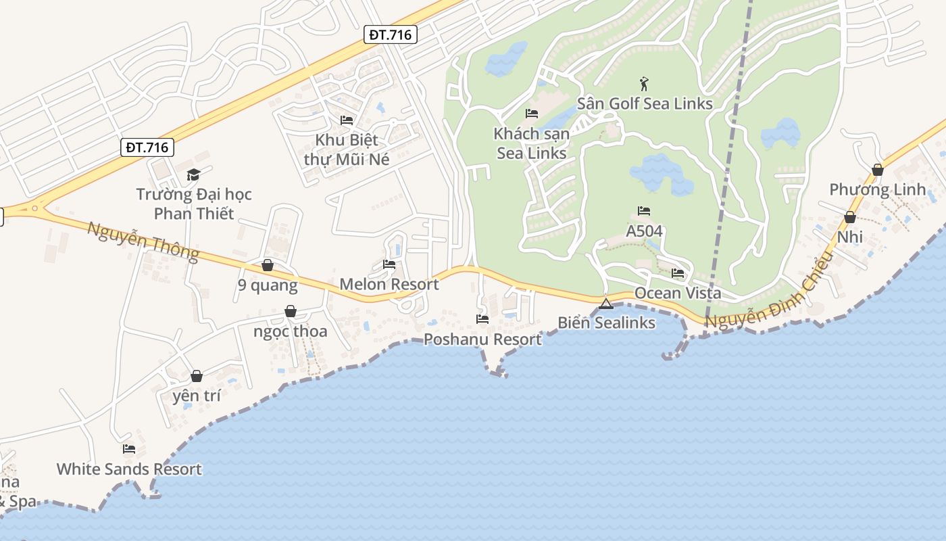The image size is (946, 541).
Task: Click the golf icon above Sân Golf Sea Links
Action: pyautogui.click(x=644, y=85)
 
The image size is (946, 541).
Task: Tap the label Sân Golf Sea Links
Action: pyautogui.click(x=645, y=103)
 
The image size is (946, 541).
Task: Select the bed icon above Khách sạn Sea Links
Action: pyautogui.click(x=532, y=114)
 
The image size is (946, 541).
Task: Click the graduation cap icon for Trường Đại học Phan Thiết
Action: pyautogui.click(x=194, y=174)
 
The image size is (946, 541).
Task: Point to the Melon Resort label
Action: pyautogui.click(x=389, y=284)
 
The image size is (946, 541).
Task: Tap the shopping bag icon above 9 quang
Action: pyautogui.click(x=268, y=265)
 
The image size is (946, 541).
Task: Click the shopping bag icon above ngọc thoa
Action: pyautogui.click(x=291, y=311)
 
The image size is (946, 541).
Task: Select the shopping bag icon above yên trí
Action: pyautogui.click(x=197, y=376)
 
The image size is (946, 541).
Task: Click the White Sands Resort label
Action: pyautogui.click(x=129, y=469)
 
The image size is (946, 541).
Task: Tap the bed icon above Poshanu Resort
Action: pyautogui.click(x=482, y=319)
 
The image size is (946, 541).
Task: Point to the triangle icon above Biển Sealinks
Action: pyautogui.click(x=605, y=303)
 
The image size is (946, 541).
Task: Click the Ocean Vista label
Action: pyautogui.click(x=677, y=293)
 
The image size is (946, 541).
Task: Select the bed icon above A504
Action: pyautogui.click(x=644, y=211)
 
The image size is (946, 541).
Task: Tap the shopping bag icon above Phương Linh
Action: pyautogui.click(x=878, y=170)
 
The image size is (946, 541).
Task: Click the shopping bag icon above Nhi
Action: pyautogui.click(x=850, y=217)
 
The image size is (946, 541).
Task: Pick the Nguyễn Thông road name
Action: pyautogui.click(x=143, y=241)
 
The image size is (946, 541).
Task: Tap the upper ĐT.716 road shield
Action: pyautogui.click(x=391, y=34)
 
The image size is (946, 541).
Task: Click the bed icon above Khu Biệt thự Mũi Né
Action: pyautogui.click(x=347, y=120)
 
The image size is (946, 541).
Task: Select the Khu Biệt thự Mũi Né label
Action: pyautogui.click(x=347, y=149)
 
